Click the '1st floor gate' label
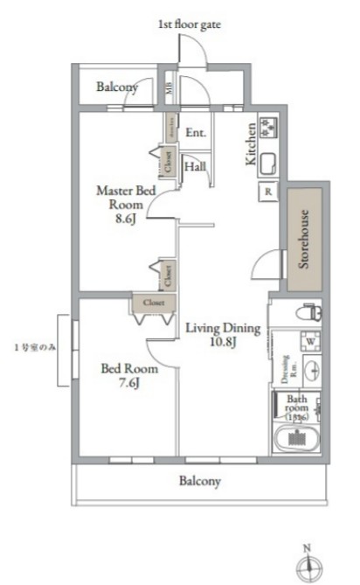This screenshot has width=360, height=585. click(x=189, y=25)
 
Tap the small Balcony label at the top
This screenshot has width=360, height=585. click(x=115, y=88)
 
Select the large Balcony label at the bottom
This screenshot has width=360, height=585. click(x=200, y=480)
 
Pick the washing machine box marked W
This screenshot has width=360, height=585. click(x=308, y=340)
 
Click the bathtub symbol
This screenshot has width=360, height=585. click(x=296, y=439)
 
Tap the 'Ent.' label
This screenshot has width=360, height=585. click(x=196, y=133)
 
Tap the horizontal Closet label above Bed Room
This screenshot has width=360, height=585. click(x=154, y=303)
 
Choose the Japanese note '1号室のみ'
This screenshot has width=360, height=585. click(x=35, y=347)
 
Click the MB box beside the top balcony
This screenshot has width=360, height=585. click(x=170, y=87)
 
